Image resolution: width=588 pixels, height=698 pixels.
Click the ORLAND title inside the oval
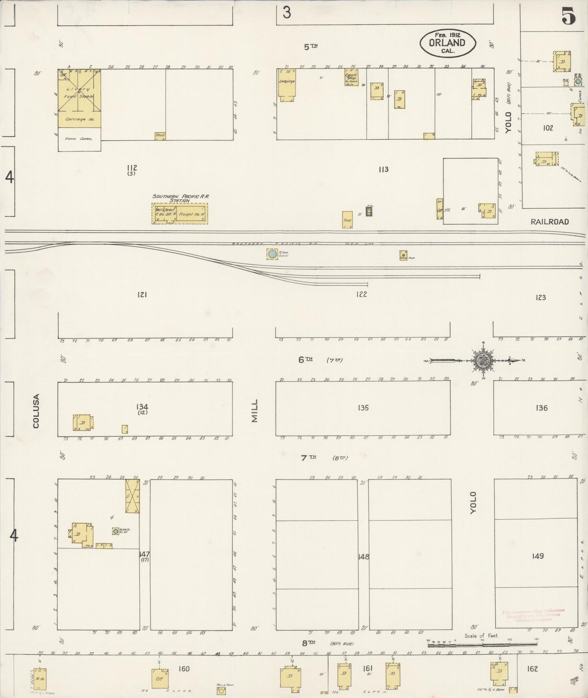447,43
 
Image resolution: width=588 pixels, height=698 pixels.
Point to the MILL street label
255,410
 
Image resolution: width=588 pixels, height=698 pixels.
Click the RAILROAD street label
549,222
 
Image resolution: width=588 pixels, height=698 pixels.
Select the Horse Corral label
79,139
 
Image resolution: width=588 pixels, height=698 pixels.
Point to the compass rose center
483,360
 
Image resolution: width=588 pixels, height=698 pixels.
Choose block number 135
363,408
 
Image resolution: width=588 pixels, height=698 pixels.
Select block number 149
538,556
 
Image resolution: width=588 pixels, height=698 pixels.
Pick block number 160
184,669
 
